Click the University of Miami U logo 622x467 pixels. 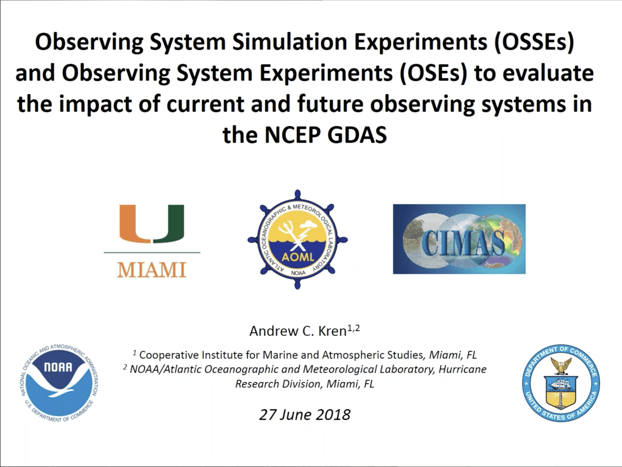tap(152, 224)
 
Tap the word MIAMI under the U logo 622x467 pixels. tap(152, 270)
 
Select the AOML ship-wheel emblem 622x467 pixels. tap(298, 240)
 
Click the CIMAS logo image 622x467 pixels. tap(459, 239)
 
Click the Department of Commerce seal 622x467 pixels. tap(561, 383)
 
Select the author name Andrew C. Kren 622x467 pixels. tap(298, 331)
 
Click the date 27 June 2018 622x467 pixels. tap(305, 415)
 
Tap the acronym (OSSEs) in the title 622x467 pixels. tap(534, 43)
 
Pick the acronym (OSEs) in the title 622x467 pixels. tap(433, 73)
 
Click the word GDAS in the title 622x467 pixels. tap(357, 135)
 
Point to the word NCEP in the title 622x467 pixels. tap(292, 135)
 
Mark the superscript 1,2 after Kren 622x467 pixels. tap(354, 328)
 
